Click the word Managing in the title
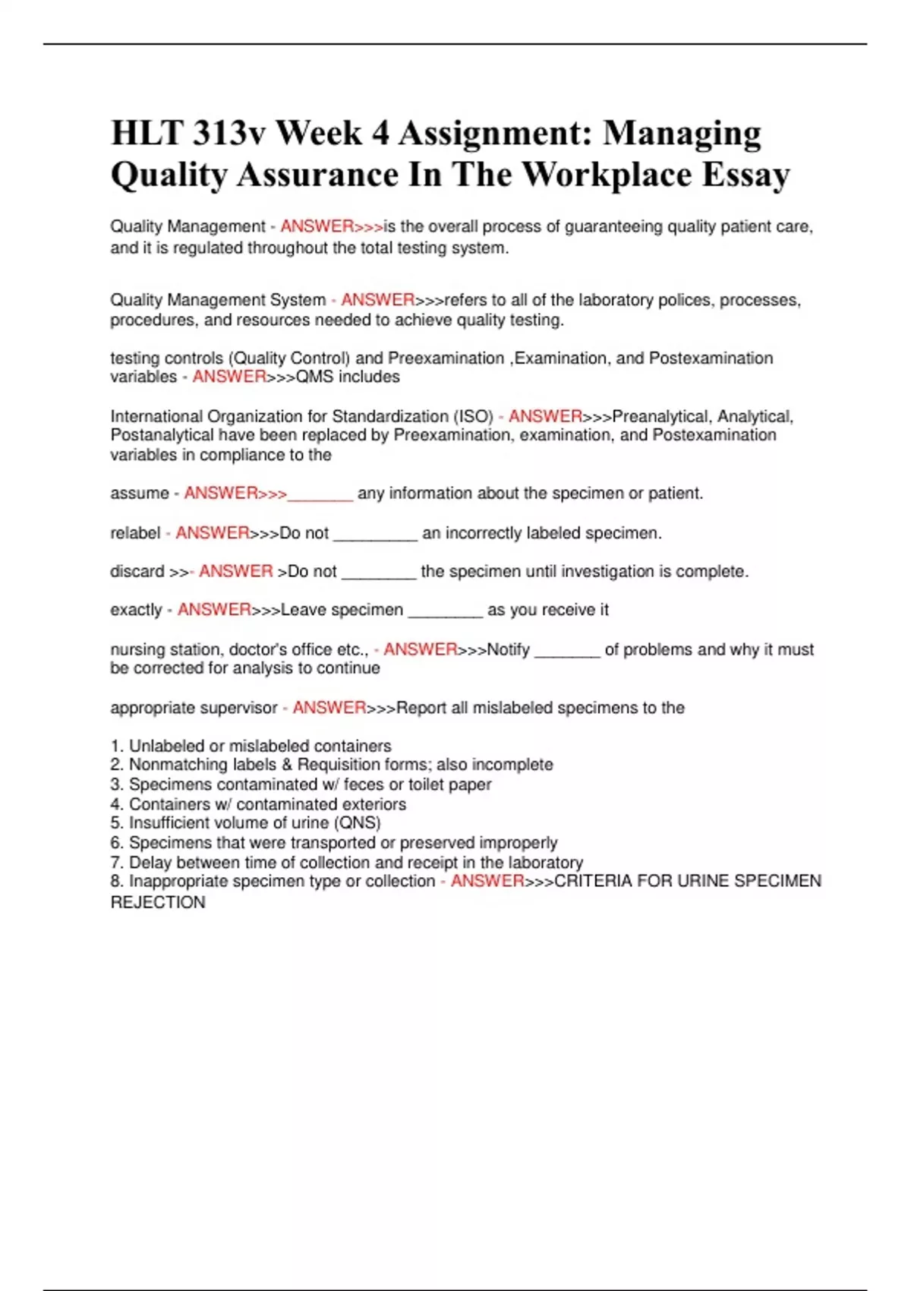click(x=682, y=134)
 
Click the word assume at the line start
click(x=140, y=494)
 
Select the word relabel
click(x=135, y=533)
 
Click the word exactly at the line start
click(x=137, y=610)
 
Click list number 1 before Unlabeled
click(x=116, y=746)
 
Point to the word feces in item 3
click(x=364, y=784)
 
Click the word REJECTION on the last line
click(x=158, y=902)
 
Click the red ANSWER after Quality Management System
click(x=377, y=300)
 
